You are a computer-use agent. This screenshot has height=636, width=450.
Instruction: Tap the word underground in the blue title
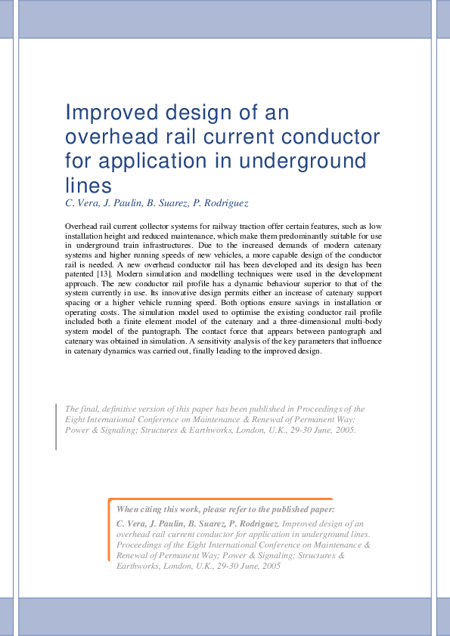pos(305,161)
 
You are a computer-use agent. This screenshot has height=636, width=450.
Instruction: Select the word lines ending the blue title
pos(88,185)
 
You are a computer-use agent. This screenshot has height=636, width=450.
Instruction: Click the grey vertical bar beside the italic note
pos(56,426)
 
